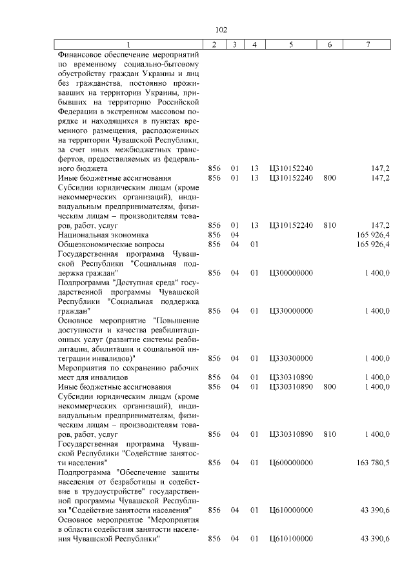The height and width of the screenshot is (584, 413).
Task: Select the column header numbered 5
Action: pos(291,44)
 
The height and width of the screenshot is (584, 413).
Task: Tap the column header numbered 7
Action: pos(367,44)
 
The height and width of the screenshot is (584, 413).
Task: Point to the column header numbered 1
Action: pos(128,44)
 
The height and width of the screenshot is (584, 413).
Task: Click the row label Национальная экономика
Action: pos(103,236)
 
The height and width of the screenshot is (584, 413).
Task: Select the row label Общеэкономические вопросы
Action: pos(111,245)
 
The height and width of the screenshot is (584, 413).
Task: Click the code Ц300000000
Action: pos(291,273)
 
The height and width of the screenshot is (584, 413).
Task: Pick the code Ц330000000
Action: pos(291,310)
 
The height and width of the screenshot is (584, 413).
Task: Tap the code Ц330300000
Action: pos(291,358)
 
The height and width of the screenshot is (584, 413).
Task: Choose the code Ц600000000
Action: pos(291,463)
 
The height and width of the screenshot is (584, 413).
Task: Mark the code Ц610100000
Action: pos(291,539)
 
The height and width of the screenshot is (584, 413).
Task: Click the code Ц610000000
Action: pos(291,510)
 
